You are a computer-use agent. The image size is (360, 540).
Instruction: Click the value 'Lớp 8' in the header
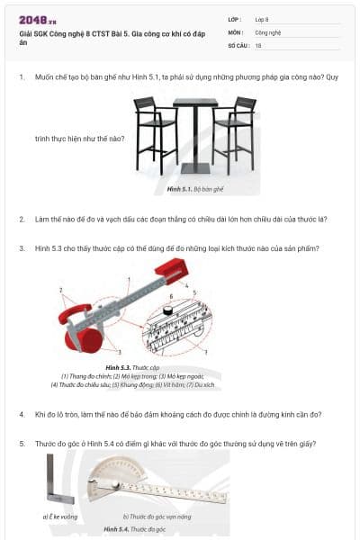click(x=262, y=19)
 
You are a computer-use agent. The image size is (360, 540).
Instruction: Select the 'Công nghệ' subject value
click(x=267, y=31)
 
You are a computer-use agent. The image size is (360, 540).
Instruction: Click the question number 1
click(x=22, y=78)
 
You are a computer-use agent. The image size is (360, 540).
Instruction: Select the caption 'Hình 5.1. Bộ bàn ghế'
click(x=195, y=190)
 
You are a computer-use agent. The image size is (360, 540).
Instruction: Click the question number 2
click(x=22, y=219)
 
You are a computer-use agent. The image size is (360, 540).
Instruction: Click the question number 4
click(x=22, y=414)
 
